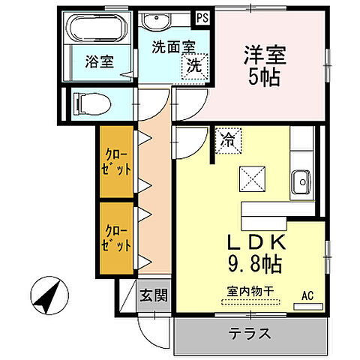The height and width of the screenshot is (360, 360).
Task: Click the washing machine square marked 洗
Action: (194, 66)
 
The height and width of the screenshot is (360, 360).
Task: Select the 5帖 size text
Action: (262, 76)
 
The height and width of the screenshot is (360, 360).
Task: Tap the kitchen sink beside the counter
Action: (303, 179)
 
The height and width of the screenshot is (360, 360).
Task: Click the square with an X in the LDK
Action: (250, 178)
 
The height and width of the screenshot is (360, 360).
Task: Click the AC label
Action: (306, 295)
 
